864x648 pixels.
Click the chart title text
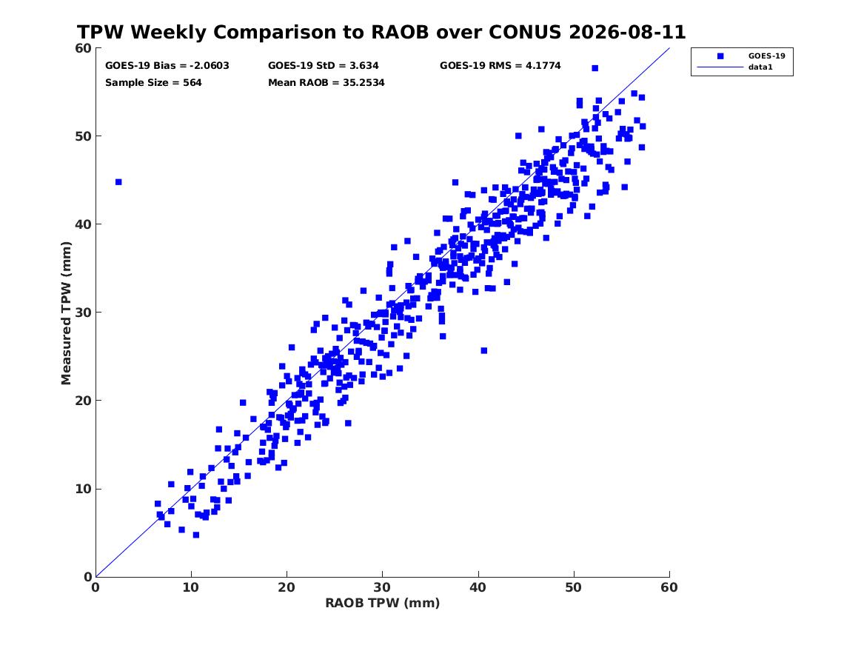(381, 32)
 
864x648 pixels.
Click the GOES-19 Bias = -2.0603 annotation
(167, 66)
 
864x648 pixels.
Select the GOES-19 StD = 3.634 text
(324, 66)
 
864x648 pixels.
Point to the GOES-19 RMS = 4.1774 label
(500, 66)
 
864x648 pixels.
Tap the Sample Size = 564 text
(153, 83)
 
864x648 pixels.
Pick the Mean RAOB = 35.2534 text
(326, 83)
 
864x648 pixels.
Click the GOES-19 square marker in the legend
(720, 56)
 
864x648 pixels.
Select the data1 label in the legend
(760, 67)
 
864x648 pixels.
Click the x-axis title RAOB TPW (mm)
(383, 603)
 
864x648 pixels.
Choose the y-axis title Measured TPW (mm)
(66, 313)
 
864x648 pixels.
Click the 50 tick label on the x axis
(574, 587)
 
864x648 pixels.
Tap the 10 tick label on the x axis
(191, 587)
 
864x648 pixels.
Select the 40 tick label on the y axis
(84, 224)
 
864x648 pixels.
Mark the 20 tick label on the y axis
(84, 401)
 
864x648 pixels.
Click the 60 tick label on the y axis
(84, 48)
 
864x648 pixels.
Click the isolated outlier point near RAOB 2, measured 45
(118, 182)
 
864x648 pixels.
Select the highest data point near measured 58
(595, 68)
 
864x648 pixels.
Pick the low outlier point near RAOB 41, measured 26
(484, 350)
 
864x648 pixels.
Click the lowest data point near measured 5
(196, 535)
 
